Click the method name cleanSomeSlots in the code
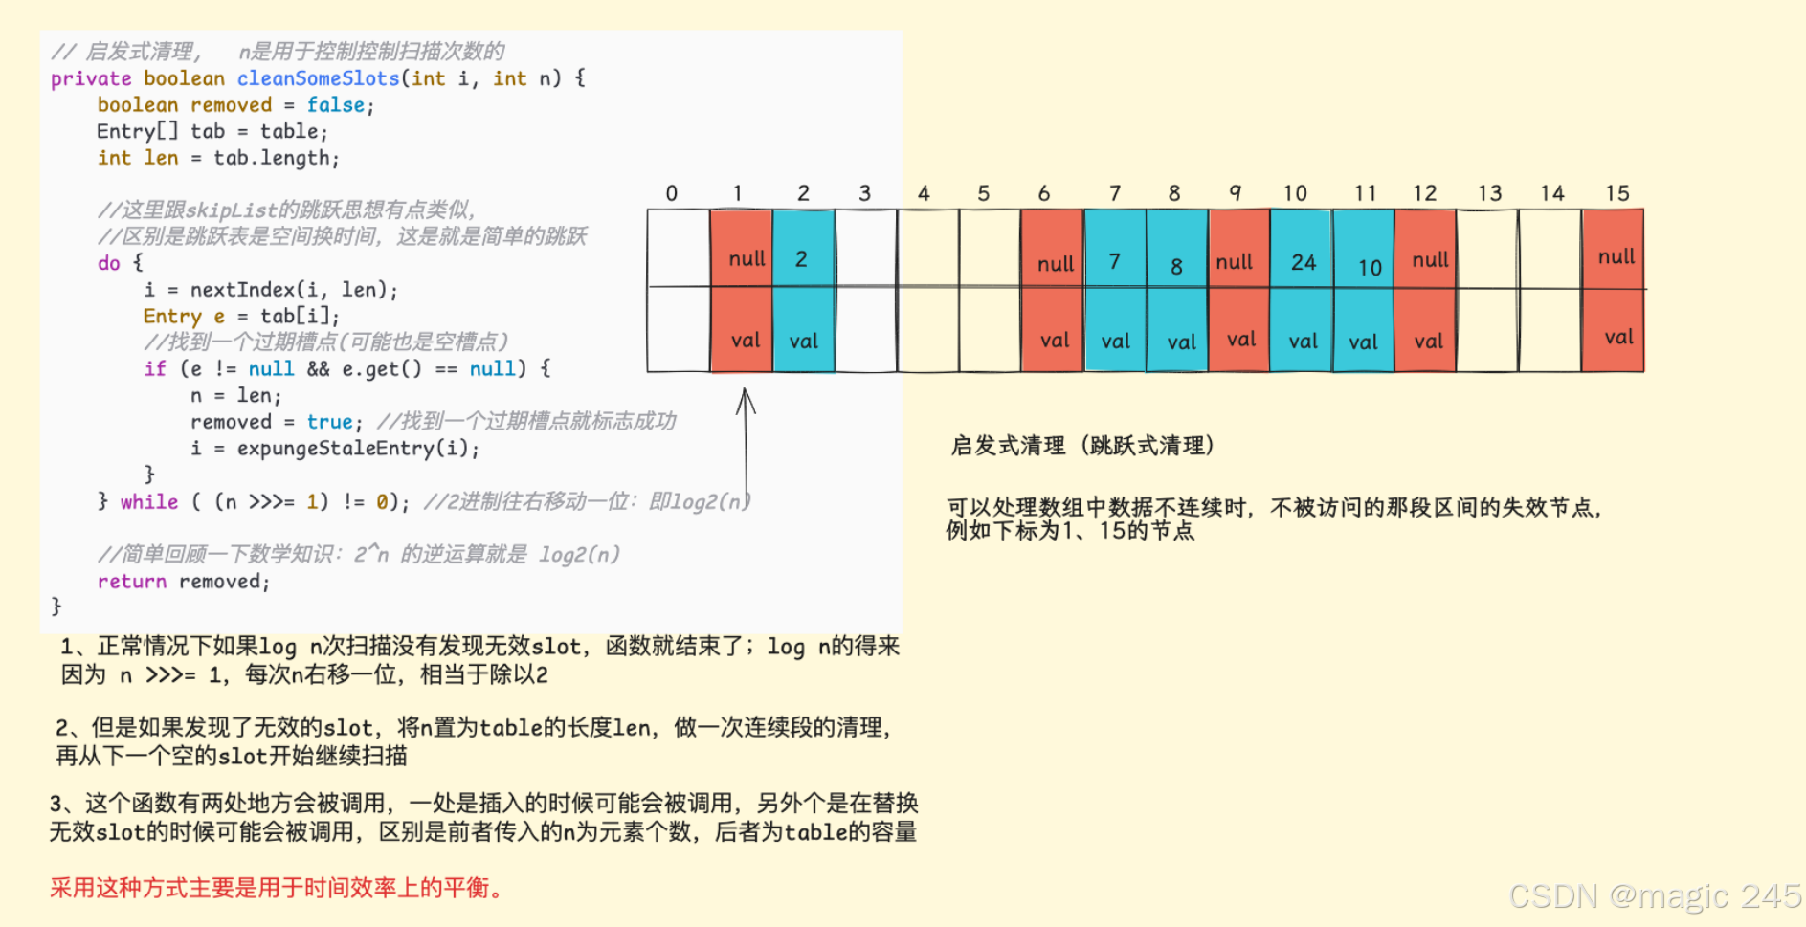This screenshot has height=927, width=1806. (x=318, y=78)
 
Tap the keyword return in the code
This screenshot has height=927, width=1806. (x=131, y=582)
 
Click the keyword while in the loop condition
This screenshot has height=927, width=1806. (x=148, y=502)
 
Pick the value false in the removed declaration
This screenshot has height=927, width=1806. (x=335, y=105)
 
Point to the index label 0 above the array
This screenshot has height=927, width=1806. (x=672, y=193)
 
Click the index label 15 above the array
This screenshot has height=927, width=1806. (x=1616, y=193)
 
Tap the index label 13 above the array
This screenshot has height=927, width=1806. (x=1489, y=193)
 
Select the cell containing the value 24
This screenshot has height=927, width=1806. (x=1303, y=251)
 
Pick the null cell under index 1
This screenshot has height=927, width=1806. (x=742, y=251)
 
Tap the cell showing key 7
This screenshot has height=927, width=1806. (x=1115, y=251)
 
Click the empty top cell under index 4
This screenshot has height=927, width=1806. (x=927, y=249)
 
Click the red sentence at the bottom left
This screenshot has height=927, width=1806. (x=277, y=889)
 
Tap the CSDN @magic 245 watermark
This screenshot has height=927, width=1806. (x=1655, y=896)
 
